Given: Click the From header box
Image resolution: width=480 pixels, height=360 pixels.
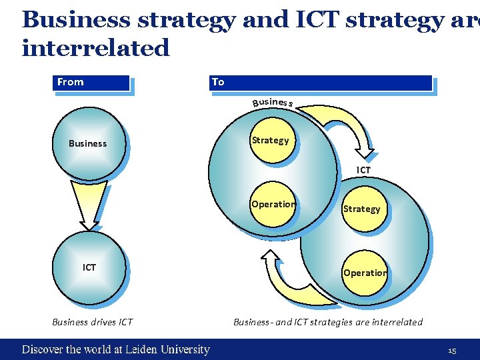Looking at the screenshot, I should tap(91, 83).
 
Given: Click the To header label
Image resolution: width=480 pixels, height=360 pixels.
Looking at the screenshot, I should tap(218, 82).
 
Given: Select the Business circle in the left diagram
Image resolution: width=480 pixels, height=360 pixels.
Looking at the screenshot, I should tap(88, 143).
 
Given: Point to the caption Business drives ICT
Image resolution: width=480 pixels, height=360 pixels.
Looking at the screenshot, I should tap(92, 322).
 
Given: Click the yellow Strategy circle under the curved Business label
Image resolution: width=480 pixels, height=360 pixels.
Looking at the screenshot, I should tap(271, 140).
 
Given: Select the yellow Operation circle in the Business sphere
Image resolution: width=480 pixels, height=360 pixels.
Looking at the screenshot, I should tap(273, 205).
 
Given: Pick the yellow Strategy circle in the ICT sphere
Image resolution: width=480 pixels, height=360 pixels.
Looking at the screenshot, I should tap(361, 209).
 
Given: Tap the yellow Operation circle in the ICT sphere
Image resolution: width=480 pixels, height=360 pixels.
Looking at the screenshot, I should tap(365, 273).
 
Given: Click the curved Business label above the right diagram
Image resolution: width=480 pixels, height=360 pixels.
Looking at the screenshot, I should tap(273, 102).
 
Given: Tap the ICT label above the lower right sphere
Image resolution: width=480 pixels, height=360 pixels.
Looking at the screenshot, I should tap(363, 171).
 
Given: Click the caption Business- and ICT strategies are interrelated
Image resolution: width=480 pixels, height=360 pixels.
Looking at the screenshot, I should tap(327, 322).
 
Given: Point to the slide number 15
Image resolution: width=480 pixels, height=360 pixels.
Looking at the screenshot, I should tap(451, 350).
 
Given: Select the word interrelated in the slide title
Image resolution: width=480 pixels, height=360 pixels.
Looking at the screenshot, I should tap(96, 47).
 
